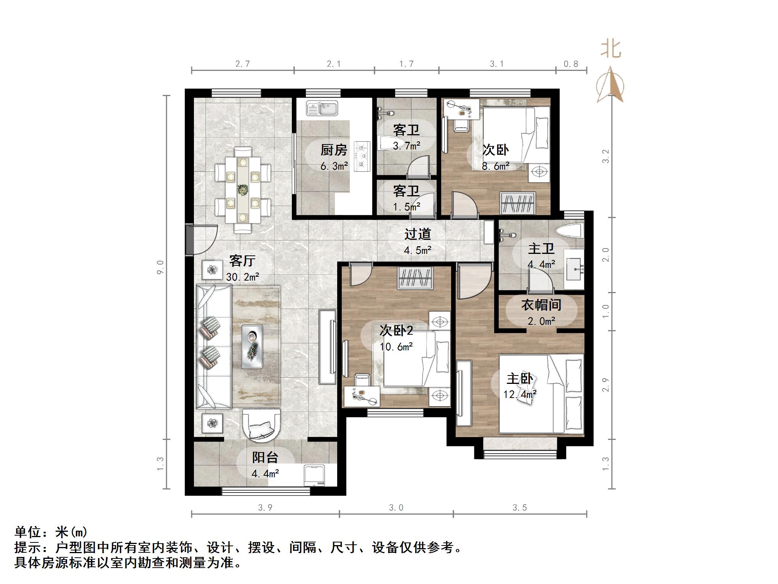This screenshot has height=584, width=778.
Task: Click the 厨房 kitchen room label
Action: (334, 150)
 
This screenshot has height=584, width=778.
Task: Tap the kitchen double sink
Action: (322, 108)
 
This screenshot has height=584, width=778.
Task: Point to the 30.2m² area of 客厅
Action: (243, 277)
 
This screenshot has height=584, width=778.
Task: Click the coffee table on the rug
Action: (252, 346)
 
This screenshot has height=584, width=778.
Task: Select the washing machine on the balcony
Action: (315, 475)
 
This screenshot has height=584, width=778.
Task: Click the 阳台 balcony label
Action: (265, 457)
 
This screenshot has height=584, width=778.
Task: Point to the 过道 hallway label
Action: (418, 234)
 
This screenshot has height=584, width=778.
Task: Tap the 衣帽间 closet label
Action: (541, 305)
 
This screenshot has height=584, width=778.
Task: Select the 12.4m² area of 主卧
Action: (520, 395)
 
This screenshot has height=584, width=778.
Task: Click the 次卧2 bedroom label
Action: (396, 330)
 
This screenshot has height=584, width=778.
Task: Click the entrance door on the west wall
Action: (190, 240)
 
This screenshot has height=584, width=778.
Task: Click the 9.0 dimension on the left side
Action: (160, 267)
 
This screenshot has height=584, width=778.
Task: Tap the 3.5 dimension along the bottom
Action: (520, 507)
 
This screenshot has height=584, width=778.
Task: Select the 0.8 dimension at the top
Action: (571, 64)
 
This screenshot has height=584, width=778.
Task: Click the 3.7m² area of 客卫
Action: (407, 146)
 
